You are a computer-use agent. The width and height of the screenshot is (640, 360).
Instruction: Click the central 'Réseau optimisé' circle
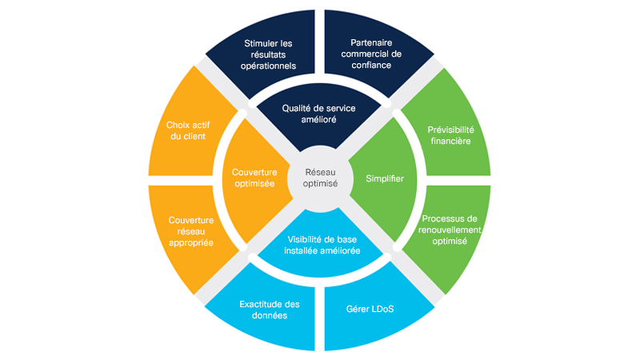320,178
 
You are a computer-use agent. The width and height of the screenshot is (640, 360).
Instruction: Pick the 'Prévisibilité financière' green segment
449,134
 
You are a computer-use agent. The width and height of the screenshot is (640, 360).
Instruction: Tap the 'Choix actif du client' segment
186,130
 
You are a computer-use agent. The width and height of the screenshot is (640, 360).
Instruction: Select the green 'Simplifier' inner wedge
385,178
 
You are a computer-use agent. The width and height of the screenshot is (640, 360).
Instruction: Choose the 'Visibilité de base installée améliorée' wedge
320,243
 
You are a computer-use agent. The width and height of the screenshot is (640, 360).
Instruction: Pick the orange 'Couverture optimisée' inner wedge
254,178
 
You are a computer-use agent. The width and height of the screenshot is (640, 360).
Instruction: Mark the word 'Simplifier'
385,178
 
